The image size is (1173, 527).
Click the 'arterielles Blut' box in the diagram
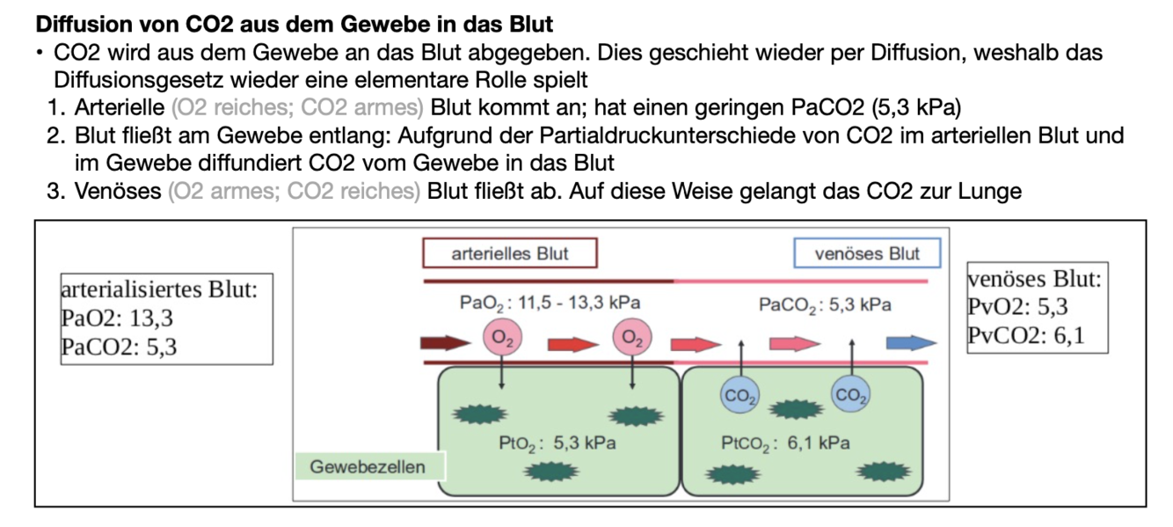tap(509, 254)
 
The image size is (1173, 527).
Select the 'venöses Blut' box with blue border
tap(866, 254)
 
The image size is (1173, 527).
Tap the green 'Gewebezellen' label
tap(368, 467)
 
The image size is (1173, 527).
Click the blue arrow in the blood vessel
tap(911, 343)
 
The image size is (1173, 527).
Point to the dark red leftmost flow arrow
tap(447, 343)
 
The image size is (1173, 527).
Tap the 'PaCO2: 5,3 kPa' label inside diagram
tap(825, 305)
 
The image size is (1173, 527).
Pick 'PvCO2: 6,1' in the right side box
tap(1025, 335)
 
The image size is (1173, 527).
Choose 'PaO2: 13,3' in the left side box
tap(117, 318)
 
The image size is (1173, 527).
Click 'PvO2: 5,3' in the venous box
tap(1017, 307)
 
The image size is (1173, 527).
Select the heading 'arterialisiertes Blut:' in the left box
tap(159, 289)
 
